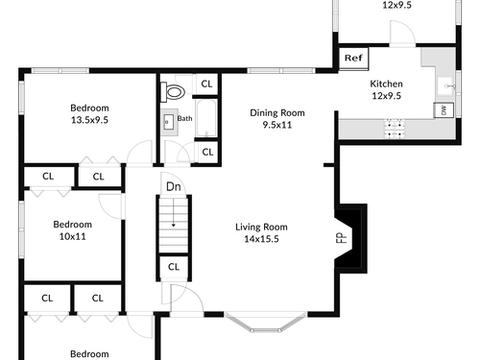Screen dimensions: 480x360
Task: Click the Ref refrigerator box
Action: coord(353,59)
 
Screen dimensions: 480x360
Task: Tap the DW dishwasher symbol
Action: coord(444,110)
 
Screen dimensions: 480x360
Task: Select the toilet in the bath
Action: coord(173,92)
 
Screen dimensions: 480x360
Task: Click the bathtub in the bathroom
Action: coord(206,118)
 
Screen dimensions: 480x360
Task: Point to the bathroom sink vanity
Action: coord(169,122)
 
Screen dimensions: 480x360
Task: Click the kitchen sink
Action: coord(445,86)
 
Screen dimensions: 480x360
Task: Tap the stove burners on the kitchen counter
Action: coord(395,129)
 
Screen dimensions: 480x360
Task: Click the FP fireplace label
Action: coord(342,238)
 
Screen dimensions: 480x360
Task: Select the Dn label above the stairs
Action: coord(174,186)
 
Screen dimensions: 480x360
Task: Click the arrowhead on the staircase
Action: coord(174,226)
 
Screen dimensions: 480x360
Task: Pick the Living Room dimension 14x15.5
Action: coord(261,239)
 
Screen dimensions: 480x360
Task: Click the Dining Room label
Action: coord(277,112)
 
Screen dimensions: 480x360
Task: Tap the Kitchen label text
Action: coord(386,84)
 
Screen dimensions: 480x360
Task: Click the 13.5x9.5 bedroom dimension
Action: coord(89,120)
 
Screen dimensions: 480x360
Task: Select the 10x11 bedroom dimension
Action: coord(73,236)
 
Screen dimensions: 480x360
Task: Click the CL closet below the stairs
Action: coord(174,267)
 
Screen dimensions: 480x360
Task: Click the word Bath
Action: coord(184,118)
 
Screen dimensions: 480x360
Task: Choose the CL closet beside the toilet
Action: coord(206,84)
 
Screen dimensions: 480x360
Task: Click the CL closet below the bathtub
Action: coord(207,152)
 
